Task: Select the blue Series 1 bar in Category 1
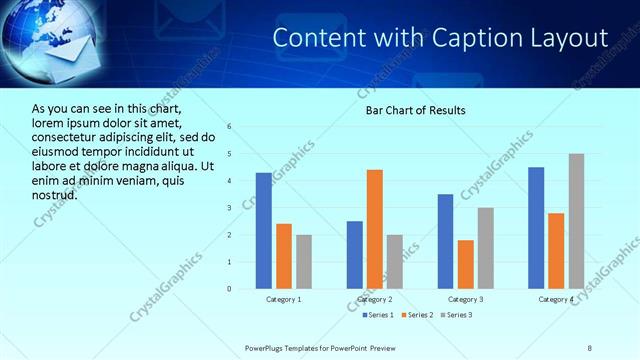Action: (263, 231)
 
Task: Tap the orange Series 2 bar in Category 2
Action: (375, 229)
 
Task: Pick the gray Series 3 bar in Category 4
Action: (577, 221)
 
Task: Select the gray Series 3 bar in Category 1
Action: (303, 262)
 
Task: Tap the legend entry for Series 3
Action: (457, 315)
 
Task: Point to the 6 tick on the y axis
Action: (229, 127)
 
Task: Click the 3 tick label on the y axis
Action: (229, 208)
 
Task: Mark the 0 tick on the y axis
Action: (229, 289)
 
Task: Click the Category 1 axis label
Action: (283, 299)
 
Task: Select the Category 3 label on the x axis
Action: (465, 299)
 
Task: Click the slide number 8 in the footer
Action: (590, 347)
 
